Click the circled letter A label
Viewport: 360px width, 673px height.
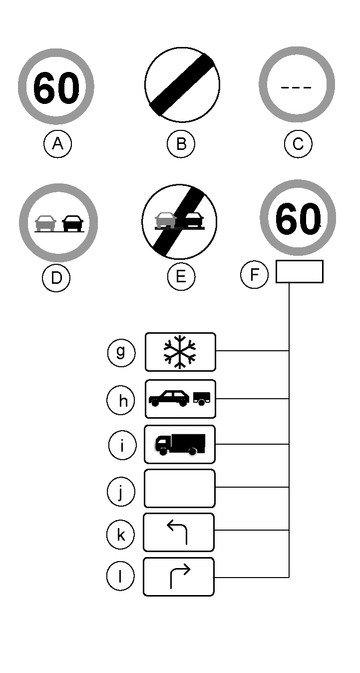[x=57, y=144]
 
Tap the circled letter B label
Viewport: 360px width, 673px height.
[x=181, y=144]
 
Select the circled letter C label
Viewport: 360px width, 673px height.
[x=298, y=144]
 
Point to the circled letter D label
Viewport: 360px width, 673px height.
[x=56, y=278]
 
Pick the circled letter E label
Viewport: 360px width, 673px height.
[x=181, y=277]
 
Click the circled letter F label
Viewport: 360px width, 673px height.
[x=254, y=274]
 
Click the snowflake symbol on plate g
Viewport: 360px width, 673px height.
[x=180, y=352]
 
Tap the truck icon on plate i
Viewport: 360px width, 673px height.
[x=180, y=444]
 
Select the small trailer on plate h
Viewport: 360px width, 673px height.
[x=201, y=399]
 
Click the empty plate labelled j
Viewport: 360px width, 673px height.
[x=179, y=488]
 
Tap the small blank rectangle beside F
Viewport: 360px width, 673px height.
[x=299, y=271]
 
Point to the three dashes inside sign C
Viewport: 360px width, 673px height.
[x=296, y=88]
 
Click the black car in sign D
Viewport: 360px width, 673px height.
[x=73, y=223]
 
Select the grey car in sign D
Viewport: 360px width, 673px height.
[x=45, y=223]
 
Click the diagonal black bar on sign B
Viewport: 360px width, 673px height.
[x=182, y=85]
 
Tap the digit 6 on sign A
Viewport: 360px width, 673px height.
[x=44, y=88]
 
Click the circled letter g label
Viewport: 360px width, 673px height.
[x=121, y=353]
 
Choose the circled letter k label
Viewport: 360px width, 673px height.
[x=121, y=534]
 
